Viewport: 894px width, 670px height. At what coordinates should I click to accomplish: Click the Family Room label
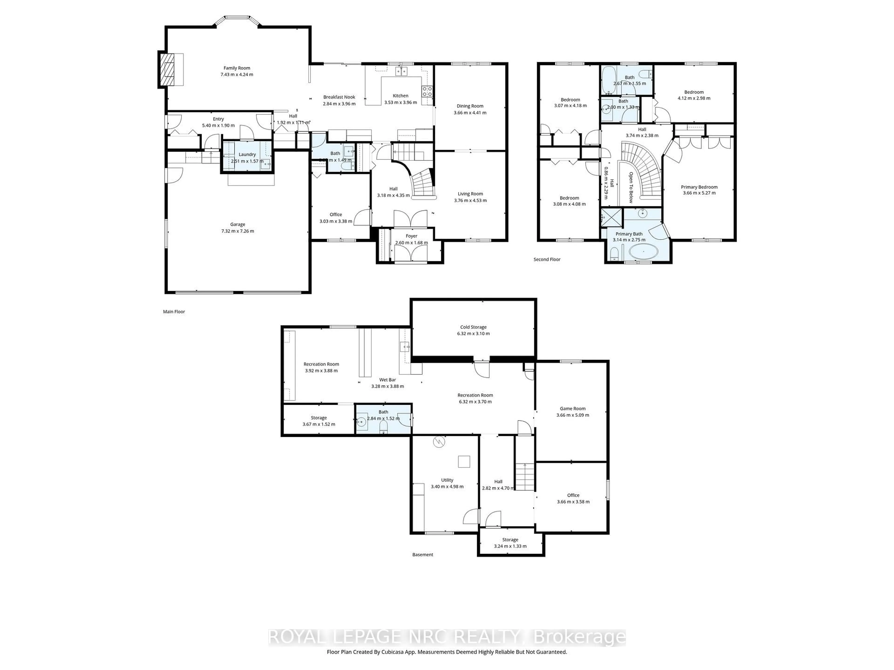(x=237, y=68)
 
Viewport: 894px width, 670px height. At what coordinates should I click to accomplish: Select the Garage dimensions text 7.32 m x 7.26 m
(x=238, y=231)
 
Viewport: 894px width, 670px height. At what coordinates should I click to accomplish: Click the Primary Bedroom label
(x=699, y=187)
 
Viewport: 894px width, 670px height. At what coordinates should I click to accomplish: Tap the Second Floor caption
(x=547, y=260)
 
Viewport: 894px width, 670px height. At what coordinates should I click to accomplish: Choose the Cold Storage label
(x=473, y=327)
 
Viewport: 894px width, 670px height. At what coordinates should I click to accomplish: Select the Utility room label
(x=447, y=480)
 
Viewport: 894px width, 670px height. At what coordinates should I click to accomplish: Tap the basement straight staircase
(x=525, y=476)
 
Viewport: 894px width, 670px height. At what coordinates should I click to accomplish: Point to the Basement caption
(x=422, y=555)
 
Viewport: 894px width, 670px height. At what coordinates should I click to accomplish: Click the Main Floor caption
(x=174, y=312)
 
